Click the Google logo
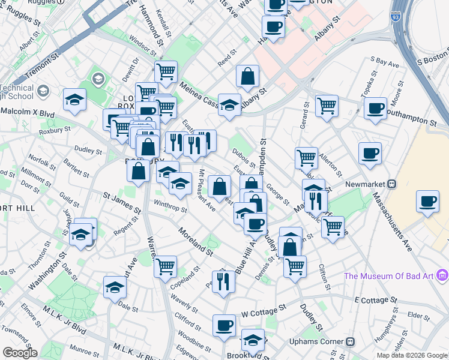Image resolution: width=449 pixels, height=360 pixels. (20, 353)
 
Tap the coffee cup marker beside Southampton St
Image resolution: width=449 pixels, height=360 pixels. (375, 108)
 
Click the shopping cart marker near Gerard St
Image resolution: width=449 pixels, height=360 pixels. (327, 106)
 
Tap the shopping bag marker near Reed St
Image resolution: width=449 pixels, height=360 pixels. (247, 76)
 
